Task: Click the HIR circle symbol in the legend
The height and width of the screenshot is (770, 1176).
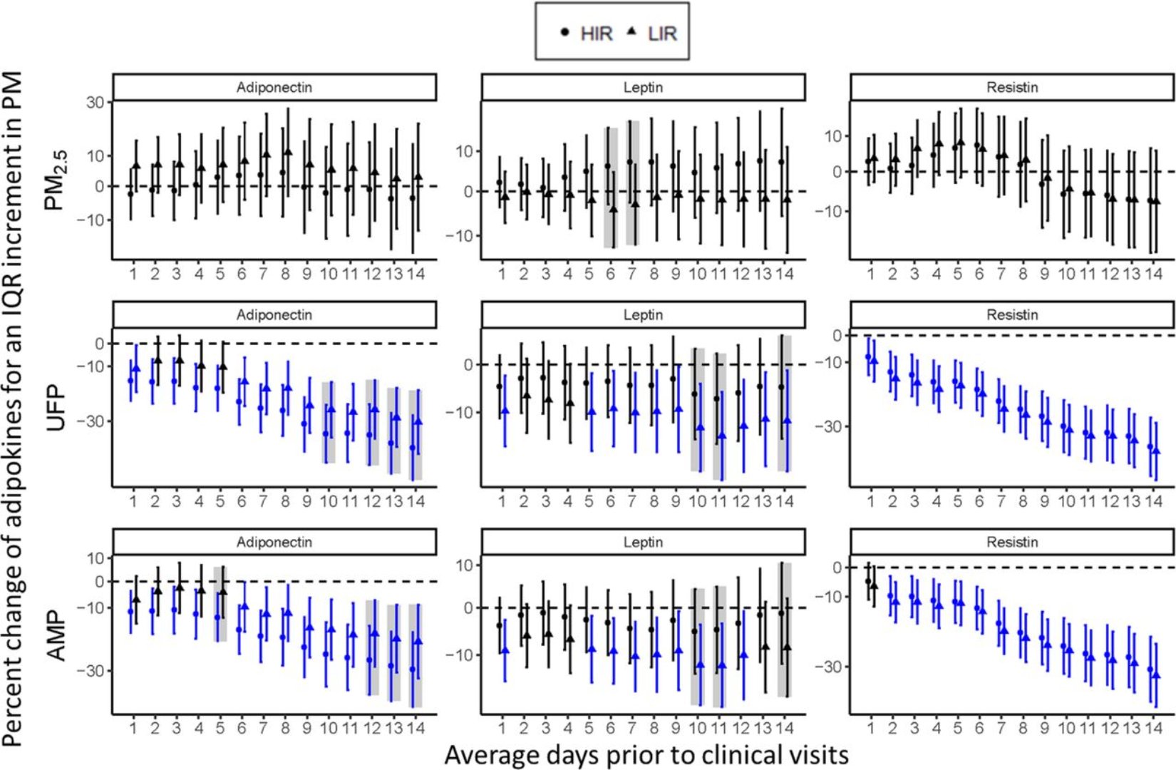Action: [565, 32]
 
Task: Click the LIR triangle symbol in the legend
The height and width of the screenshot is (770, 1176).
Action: [631, 31]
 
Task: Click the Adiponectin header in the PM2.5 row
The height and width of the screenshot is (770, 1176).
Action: [274, 88]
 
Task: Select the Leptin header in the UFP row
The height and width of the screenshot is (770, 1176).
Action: [643, 314]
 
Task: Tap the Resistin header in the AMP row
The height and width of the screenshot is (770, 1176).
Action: [1012, 542]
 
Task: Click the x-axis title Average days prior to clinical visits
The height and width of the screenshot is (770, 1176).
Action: [646, 754]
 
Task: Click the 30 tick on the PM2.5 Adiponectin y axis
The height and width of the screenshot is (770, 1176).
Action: [96, 103]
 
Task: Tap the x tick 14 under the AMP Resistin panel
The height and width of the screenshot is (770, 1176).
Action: [1153, 728]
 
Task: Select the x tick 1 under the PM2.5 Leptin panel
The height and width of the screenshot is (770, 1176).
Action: [502, 274]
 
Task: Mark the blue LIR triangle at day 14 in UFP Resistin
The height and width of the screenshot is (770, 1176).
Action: [1156, 451]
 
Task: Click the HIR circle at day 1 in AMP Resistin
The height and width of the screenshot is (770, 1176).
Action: [867, 581]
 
